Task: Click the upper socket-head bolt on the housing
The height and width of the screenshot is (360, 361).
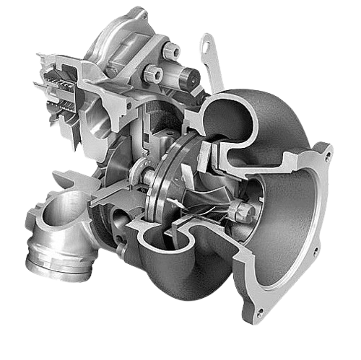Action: pyautogui.click(x=173, y=51)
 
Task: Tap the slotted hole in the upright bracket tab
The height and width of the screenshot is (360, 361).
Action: pyautogui.click(x=207, y=48)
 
